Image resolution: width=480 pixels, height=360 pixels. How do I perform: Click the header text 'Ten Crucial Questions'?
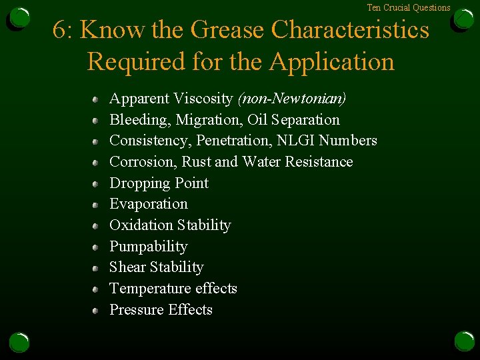(x=409, y=7)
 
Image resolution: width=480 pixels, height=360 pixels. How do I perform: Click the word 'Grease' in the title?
(x=227, y=30)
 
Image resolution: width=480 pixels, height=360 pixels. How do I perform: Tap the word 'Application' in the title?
(x=331, y=62)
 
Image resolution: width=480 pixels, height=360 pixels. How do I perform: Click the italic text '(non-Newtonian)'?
(x=292, y=99)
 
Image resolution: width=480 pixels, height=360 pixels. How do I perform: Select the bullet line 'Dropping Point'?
(x=159, y=183)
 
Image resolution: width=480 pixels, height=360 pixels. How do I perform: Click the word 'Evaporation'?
(x=149, y=204)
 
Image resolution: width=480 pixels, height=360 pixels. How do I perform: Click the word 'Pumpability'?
(x=149, y=247)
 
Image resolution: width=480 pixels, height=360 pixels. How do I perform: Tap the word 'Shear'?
(x=127, y=267)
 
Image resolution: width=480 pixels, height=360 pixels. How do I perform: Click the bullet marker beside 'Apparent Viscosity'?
(x=96, y=99)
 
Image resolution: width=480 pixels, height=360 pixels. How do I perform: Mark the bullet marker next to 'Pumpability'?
(x=96, y=247)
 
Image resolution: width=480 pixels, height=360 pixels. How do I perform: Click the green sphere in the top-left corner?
(x=20, y=18)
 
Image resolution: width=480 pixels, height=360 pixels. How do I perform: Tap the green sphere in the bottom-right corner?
(x=464, y=341)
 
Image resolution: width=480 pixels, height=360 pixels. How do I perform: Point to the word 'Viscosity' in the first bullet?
(x=203, y=99)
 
